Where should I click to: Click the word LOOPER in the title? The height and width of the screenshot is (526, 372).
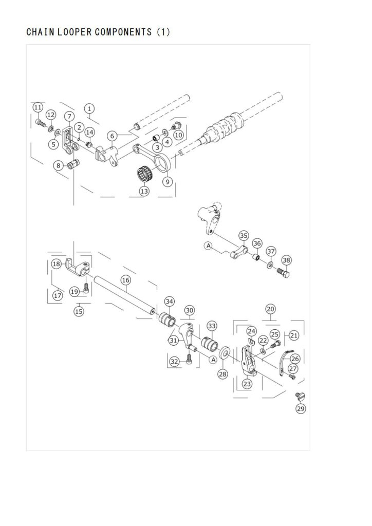[75, 32]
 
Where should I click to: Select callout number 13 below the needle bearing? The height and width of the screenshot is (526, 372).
[144, 191]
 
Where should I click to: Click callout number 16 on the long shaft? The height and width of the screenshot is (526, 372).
[126, 280]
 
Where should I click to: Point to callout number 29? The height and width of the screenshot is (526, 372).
[301, 408]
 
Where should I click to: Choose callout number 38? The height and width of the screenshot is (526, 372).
[287, 260]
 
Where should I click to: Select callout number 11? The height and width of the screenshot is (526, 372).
[38, 107]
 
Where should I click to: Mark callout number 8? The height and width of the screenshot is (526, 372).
[59, 165]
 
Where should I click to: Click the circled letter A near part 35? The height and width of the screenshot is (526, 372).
[209, 246]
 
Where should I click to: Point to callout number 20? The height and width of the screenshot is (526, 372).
[271, 309]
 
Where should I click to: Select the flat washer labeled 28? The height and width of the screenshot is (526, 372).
[224, 353]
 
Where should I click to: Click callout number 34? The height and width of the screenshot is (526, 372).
[170, 302]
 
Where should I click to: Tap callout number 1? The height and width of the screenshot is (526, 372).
[89, 109]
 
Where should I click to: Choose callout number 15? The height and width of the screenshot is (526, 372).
[79, 311]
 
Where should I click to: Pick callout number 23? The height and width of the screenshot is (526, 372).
[247, 384]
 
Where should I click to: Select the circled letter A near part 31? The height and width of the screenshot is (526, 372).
[213, 360]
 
